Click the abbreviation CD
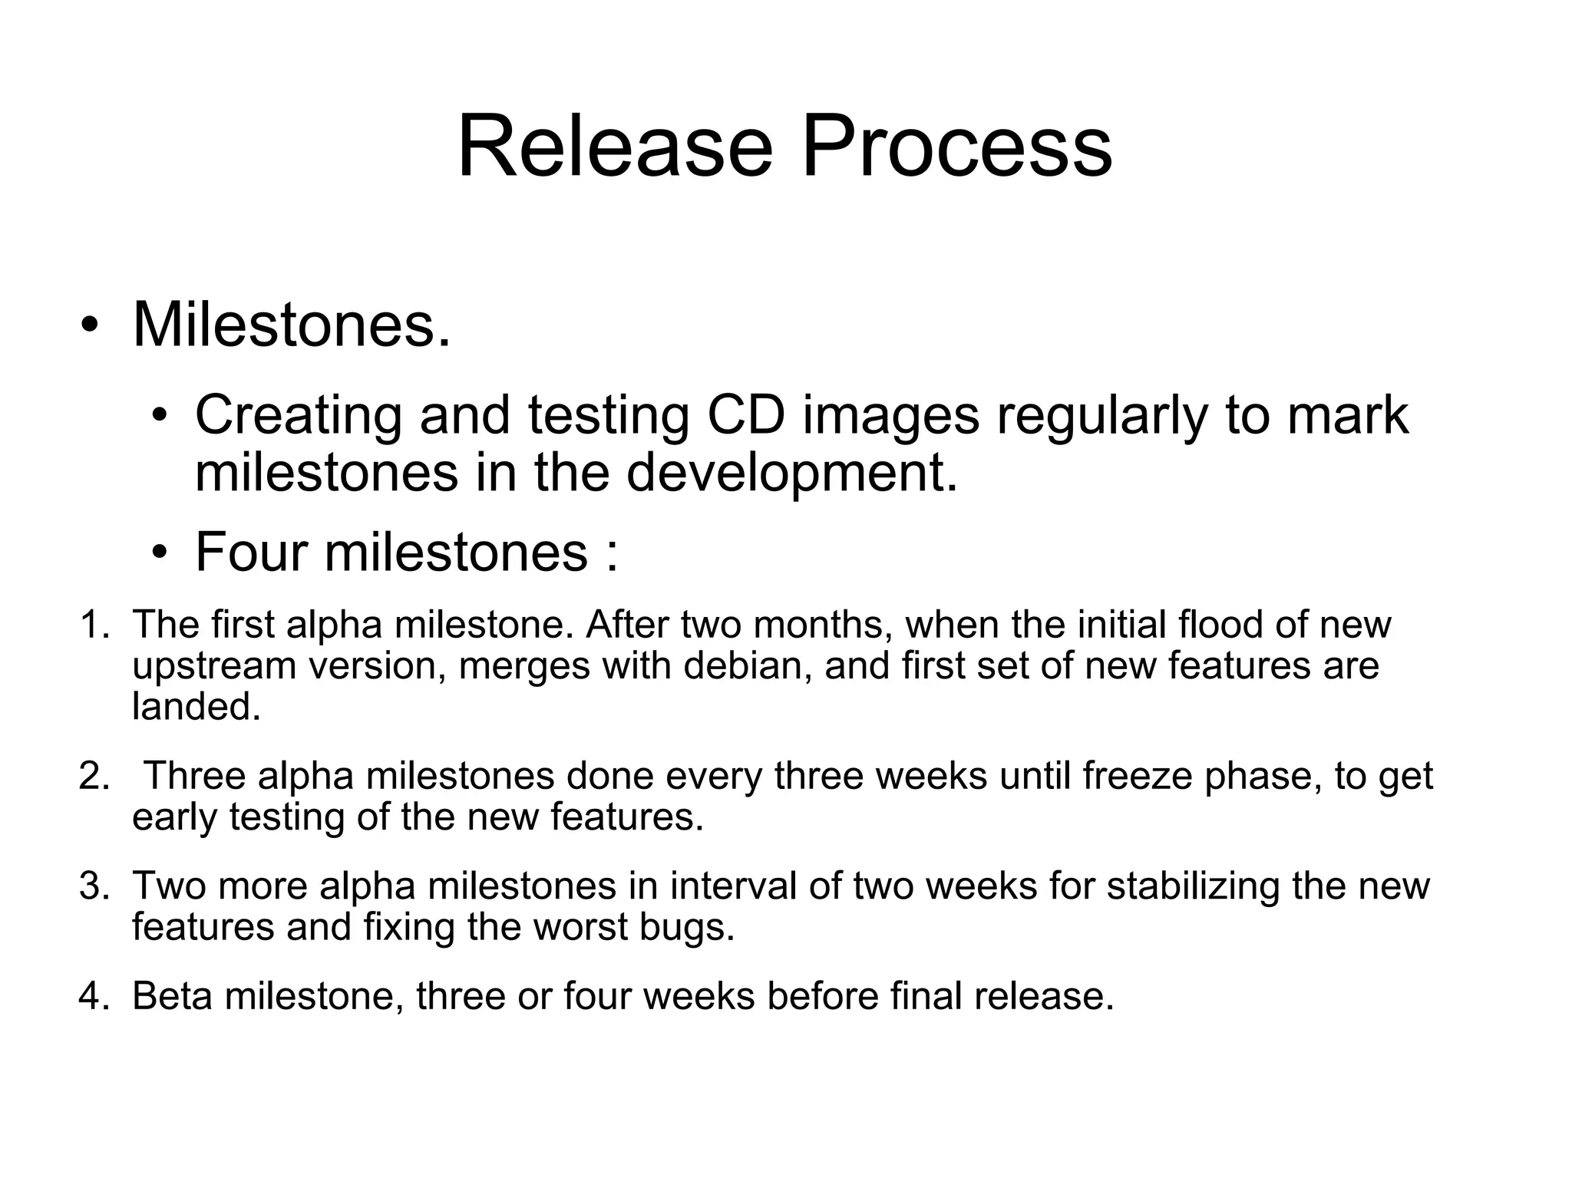click(746, 415)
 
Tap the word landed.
click(196, 706)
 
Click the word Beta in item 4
click(172, 997)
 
